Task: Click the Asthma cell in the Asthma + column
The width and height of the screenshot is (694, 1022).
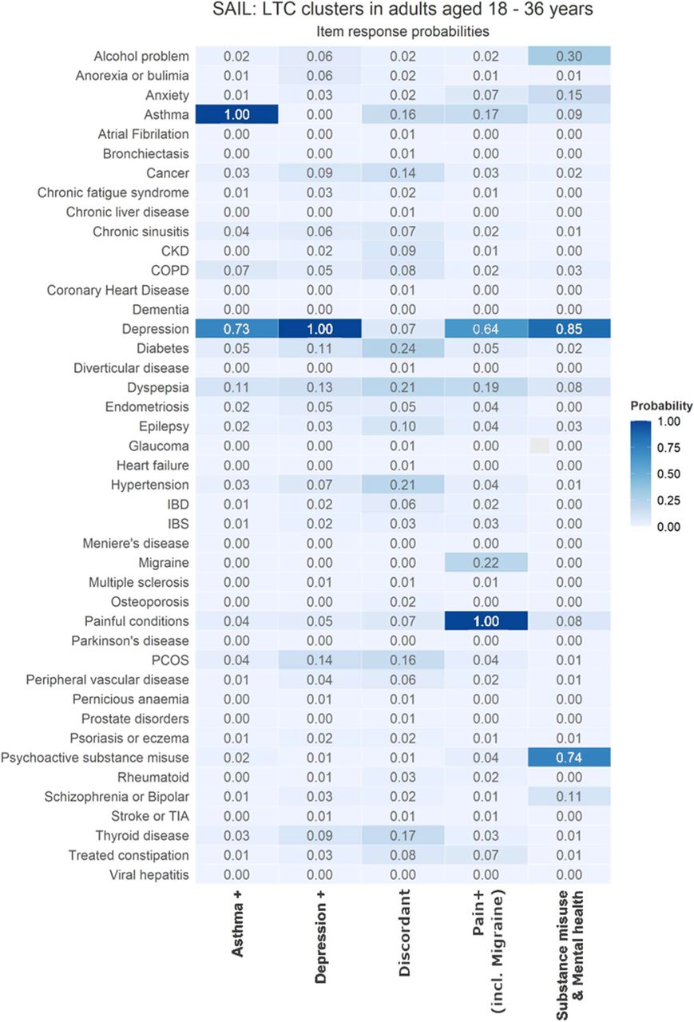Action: click(237, 114)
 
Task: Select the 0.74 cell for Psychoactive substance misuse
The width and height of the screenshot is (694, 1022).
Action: click(569, 758)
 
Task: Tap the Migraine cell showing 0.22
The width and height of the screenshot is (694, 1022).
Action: click(486, 563)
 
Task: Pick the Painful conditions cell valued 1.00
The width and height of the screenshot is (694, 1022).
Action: click(486, 621)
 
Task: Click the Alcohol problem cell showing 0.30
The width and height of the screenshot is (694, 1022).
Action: click(569, 56)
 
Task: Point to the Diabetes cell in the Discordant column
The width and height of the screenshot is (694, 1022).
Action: click(403, 348)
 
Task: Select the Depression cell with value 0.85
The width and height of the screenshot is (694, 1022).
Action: click(569, 328)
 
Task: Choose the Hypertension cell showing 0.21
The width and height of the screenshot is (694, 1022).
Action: click(403, 485)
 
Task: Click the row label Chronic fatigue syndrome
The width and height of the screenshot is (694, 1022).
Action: click(113, 192)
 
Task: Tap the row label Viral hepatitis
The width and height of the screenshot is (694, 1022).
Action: click(149, 874)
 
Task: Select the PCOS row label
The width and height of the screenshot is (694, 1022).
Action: click(170, 660)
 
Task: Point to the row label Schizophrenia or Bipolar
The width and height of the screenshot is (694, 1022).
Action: click(117, 797)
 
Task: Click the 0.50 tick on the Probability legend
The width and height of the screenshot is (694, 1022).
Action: click(668, 474)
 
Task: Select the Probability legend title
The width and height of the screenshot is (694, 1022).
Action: click(661, 406)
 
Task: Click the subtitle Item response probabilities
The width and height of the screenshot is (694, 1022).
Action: click(403, 31)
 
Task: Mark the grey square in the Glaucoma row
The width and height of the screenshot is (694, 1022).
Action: click(539, 446)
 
